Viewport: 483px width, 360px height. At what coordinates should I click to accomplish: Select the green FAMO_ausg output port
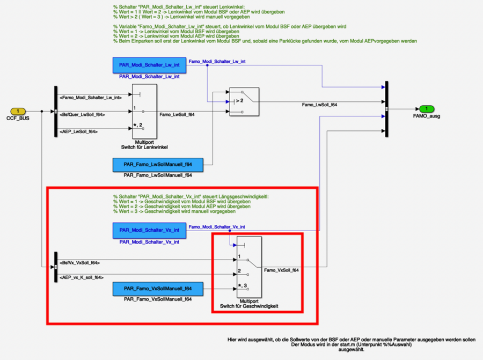tap(427, 109)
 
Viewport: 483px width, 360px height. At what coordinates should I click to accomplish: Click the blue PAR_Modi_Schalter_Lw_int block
tap(149, 65)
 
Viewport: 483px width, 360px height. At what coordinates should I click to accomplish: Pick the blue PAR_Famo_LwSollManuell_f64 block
tap(158, 165)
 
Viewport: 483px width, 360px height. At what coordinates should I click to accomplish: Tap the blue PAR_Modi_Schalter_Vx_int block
tap(149, 230)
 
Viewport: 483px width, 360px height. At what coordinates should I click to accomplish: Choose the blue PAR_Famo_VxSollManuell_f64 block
tap(158, 289)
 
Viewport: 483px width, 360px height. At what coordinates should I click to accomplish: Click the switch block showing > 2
tap(244, 101)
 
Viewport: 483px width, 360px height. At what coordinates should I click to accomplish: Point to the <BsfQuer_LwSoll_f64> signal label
tap(83, 114)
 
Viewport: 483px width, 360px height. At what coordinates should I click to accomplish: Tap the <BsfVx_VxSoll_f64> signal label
tap(80, 263)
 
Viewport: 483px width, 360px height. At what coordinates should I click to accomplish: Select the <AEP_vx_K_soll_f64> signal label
tap(82, 277)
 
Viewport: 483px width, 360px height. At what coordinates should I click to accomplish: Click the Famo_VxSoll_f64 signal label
tap(282, 270)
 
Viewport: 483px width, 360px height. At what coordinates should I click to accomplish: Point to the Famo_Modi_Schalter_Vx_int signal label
tap(217, 227)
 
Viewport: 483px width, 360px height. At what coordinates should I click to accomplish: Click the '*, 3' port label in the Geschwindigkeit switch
tap(245, 285)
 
